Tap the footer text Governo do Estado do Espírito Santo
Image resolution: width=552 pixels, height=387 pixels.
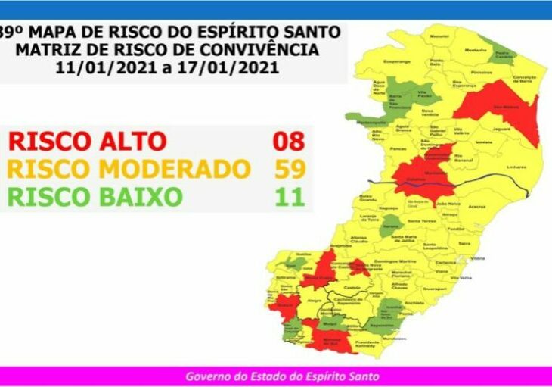(x=282, y=376)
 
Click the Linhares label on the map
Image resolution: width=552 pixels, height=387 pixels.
(x=516, y=166)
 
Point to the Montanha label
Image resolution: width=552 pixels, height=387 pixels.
(x=476, y=50)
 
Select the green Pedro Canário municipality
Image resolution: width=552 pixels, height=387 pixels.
(x=504, y=56)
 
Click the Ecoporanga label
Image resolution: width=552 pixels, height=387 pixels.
(x=398, y=61)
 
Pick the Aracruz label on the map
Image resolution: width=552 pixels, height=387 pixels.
(x=476, y=206)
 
